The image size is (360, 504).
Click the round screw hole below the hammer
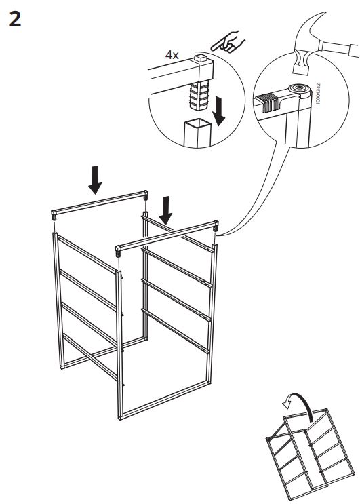[297, 89]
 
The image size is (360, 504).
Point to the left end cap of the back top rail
[54, 217]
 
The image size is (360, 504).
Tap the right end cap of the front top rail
[216, 226]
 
